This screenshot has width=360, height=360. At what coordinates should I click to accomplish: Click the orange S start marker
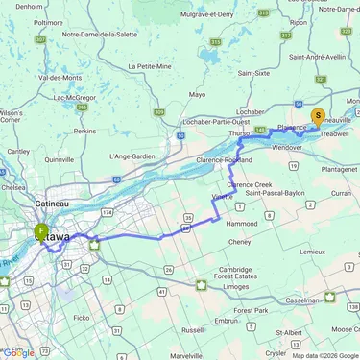318,116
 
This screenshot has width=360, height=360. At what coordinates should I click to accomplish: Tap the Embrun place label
226,320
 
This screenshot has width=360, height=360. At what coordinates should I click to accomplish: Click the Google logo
18,352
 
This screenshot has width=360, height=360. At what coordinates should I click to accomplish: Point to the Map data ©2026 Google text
324,355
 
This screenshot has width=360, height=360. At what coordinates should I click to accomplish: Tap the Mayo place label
197,95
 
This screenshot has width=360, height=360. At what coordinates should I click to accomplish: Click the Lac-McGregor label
73,97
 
